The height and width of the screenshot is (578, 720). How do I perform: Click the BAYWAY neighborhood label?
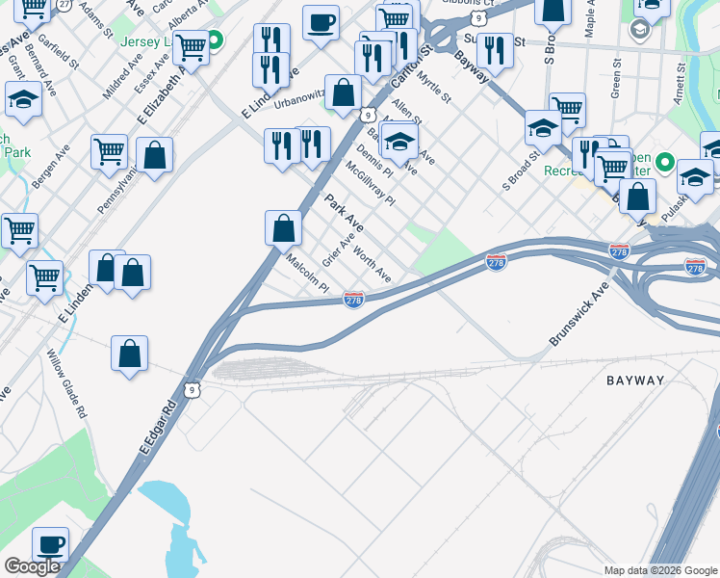point(635,381)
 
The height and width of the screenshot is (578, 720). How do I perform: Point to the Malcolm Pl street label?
point(308,274)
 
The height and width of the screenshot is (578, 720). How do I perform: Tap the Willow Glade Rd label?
point(67,382)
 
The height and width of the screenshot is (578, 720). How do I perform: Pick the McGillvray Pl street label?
point(371,183)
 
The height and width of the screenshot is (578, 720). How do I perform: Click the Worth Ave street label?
point(372,263)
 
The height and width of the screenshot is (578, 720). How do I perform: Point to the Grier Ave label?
point(339,250)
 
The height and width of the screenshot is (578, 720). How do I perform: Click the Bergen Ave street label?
point(49,167)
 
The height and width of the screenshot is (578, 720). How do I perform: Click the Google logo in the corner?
point(32,566)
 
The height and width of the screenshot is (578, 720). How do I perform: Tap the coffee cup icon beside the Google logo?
point(50,544)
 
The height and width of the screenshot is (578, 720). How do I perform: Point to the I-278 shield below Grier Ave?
point(353,301)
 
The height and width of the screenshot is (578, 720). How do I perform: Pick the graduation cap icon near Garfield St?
point(23,100)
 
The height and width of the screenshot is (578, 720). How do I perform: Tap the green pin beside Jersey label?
point(216,40)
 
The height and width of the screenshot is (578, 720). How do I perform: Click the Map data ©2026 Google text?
point(660,570)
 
